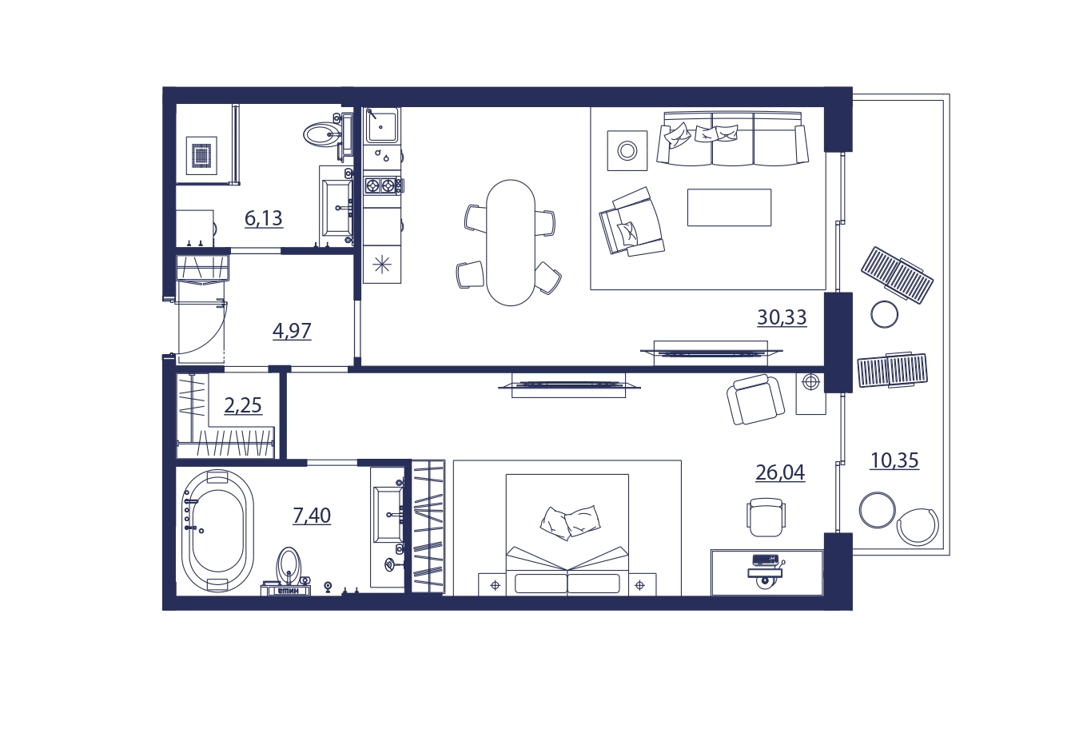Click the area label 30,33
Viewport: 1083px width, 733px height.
point(782,317)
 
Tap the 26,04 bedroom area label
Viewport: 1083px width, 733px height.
point(780,472)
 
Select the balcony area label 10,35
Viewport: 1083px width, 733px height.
point(894,460)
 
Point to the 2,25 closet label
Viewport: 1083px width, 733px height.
point(243,405)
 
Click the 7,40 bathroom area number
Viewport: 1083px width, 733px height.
point(312,516)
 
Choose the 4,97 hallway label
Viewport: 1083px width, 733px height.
point(292,331)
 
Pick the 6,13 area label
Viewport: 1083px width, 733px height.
point(264,218)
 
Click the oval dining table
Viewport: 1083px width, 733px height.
point(511,243)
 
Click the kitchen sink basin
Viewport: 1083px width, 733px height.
point(382,125)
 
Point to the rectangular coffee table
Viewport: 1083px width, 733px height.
point(729,207)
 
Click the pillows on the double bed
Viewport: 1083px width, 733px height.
point(571,522)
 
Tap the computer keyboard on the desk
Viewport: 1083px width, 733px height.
point(766,560)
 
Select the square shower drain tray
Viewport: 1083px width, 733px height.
point(201,155)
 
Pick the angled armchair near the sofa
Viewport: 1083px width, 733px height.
point(631,221)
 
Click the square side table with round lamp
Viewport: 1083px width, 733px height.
point(627,150)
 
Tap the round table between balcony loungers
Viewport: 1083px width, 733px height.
point(884,315)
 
